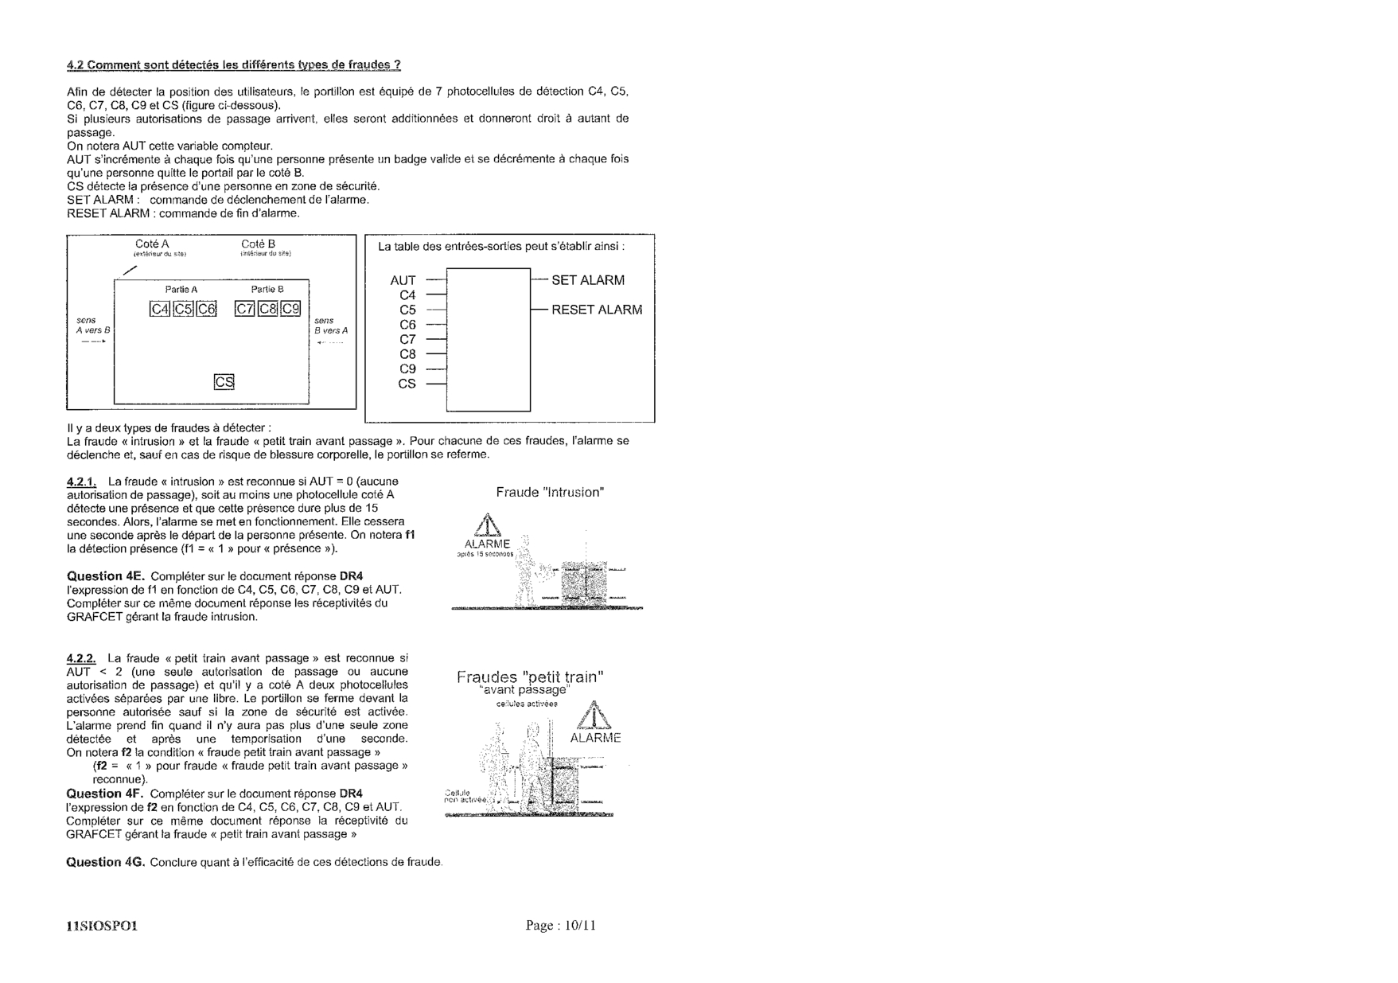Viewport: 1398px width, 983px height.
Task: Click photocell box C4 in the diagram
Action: (x=160, y=309)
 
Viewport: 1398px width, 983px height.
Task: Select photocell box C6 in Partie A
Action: (x=207, y=309)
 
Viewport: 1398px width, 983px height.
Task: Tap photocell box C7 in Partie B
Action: (x=244, y=309)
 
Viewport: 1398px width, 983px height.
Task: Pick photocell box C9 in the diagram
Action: (x=291, y=309)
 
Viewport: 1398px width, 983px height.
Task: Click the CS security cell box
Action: (x=224, y=383)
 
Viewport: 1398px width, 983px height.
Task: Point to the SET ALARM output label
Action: (x=588, y=280)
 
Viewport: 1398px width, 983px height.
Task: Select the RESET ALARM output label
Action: (x=597, y=310)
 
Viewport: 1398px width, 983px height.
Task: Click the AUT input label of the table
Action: (x=403, y=280)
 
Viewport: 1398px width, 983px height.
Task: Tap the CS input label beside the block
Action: (x=407, y=384)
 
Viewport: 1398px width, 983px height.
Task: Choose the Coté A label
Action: (x=152, y=244)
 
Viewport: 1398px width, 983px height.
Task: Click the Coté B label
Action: (x=258, y=244)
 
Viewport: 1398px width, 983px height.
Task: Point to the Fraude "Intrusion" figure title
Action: (x=550, y=493)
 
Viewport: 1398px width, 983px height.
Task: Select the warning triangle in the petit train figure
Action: (x=595, y=716)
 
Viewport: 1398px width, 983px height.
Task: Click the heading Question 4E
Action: (x=104, y=575)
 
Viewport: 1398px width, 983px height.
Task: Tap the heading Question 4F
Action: (x=104, y=794)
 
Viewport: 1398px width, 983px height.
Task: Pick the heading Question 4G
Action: (x=105, y=862)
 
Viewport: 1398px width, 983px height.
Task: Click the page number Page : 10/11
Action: (x=560, y=925)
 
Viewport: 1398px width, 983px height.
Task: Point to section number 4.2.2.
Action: (x=81, y=658)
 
